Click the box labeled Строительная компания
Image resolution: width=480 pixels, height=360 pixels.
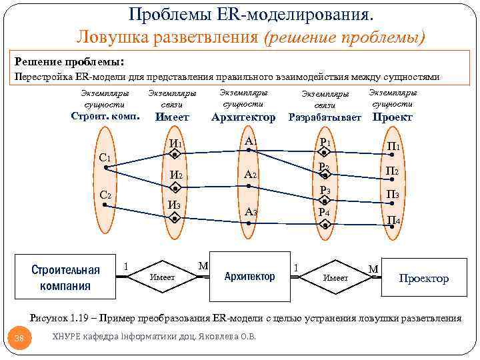[65, 277]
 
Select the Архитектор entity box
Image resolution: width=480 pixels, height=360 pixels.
[249, 276]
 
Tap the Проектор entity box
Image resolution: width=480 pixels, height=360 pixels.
[423, 278]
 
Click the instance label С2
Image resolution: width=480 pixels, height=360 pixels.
[105, 196]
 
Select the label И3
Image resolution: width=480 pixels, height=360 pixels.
[174, 205]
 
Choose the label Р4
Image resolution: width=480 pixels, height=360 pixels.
[325, 213]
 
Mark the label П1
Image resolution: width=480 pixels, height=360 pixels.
[394, 146]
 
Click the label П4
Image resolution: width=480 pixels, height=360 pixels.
[393, 220]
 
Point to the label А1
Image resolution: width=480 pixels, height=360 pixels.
[251, 141]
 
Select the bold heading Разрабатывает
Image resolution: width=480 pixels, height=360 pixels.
[325, 117]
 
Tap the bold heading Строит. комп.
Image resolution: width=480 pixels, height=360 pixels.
[105, 117]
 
